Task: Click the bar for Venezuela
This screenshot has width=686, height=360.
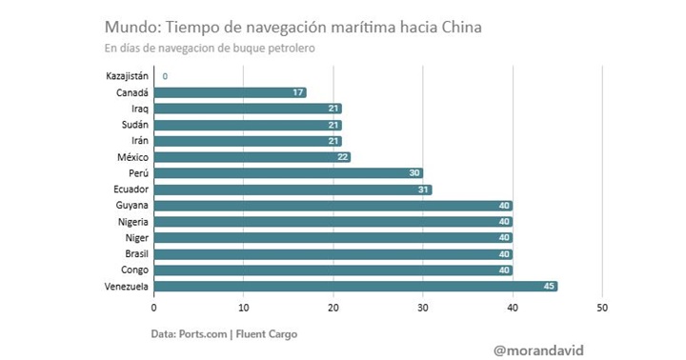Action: [x=354, y=286]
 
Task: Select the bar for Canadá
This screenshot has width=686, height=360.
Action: [x=230, y=92]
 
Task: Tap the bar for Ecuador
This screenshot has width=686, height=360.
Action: [x=293, y=190]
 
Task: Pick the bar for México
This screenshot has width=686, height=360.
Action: [x=252, y=157]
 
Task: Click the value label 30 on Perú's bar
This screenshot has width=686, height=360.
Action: [x=414, y=173]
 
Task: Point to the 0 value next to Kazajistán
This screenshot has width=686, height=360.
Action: [x=165, y=76]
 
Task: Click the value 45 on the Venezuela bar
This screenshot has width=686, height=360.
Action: [x=549, y=286]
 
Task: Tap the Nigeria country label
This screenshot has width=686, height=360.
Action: [x=128, y=221]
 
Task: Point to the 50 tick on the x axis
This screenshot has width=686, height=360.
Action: [x=602, y=308]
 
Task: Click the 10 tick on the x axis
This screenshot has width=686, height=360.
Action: [x=243, y=308]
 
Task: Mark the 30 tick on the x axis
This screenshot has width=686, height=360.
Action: [x=423, y=308]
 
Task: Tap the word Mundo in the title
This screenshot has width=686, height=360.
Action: [x=131, y=27]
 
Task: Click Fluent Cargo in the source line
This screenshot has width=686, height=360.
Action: [x=275, y=333]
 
